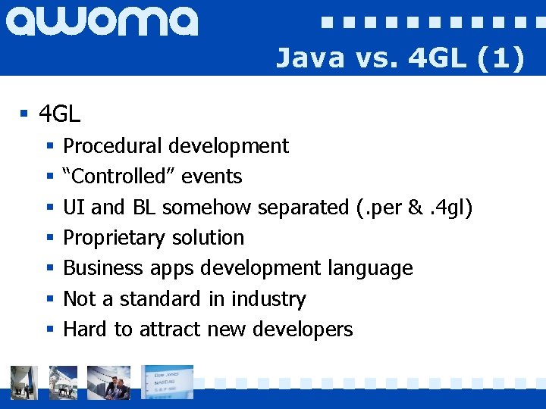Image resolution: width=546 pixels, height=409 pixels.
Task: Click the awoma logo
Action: (102, 21)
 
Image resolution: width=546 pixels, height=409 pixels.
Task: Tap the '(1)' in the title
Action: (500, 58)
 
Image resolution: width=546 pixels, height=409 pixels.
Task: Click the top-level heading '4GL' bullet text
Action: (59, 115)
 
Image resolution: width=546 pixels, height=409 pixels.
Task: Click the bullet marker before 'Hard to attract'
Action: (49, 330)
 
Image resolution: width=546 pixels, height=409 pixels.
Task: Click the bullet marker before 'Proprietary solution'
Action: (49, 239)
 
